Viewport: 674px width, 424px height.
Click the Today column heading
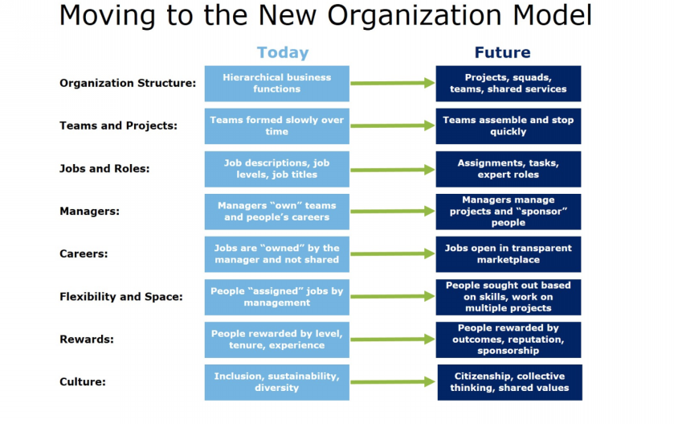coord(283,52)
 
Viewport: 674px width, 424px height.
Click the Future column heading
coord(503,52)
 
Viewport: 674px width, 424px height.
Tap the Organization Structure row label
coord(128,83)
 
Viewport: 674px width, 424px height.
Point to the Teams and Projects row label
coord(118,126)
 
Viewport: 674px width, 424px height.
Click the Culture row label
coord(83,382)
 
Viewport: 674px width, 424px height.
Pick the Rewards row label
coord(87,340)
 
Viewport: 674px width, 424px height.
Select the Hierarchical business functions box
coord(277,84)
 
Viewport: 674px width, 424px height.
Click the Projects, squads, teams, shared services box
coord(508,84)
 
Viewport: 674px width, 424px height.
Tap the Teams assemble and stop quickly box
coord(508,126)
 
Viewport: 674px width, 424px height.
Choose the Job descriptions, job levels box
coord(277,169)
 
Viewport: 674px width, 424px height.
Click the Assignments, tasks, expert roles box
coord(508,169)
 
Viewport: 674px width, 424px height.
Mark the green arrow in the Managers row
coord(393,212)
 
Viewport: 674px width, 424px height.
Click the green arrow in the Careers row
coord(393,254)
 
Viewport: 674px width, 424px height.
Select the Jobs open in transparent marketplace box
coord(508,254)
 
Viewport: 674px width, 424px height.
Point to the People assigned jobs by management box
coord(277,297)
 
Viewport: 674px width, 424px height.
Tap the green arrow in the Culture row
coord(393,382)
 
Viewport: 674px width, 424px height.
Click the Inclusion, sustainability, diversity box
coord(277,383)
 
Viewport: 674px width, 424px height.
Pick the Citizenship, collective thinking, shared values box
coord(510,383)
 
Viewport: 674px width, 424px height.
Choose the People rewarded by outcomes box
coord(508,340)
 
